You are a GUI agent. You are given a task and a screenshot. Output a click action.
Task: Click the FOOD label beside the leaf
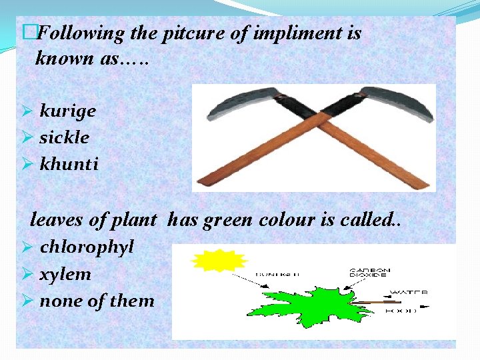click(406, 310)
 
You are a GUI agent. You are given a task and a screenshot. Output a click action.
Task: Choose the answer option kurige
click(67, 111)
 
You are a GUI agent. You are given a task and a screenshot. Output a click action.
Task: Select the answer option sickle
click(64, 137)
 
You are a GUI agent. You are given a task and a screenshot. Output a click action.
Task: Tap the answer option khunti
click(69, 164)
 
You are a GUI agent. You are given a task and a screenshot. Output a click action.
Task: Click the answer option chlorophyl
click(87, 247)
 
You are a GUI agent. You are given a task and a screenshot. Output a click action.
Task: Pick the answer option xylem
click(65, 274)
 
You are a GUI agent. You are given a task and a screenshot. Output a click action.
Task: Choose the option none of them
click(97, 301)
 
